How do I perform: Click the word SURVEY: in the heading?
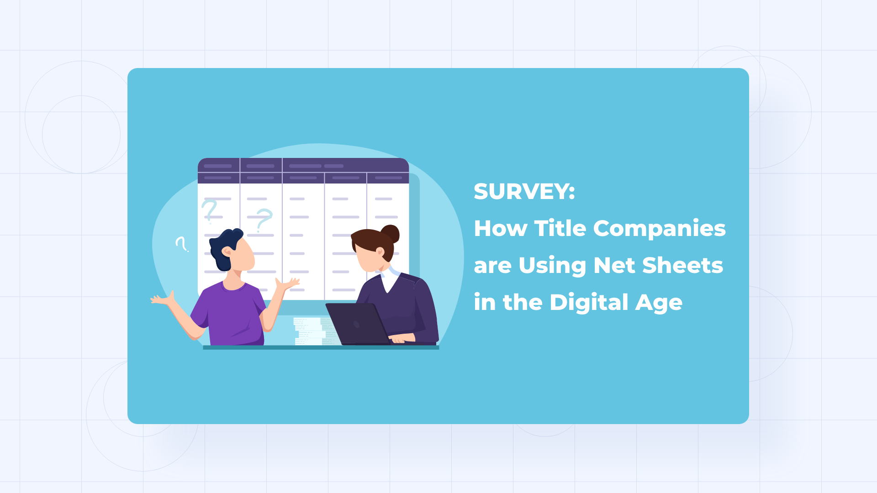click(524, 192)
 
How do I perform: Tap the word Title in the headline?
click(560, 228)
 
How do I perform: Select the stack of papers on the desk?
click(310, 331)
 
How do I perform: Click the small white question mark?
click(182, 244)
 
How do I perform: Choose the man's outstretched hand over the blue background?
click(162, 299)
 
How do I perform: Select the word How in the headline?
click(501, 228)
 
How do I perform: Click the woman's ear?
click(379, 251)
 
